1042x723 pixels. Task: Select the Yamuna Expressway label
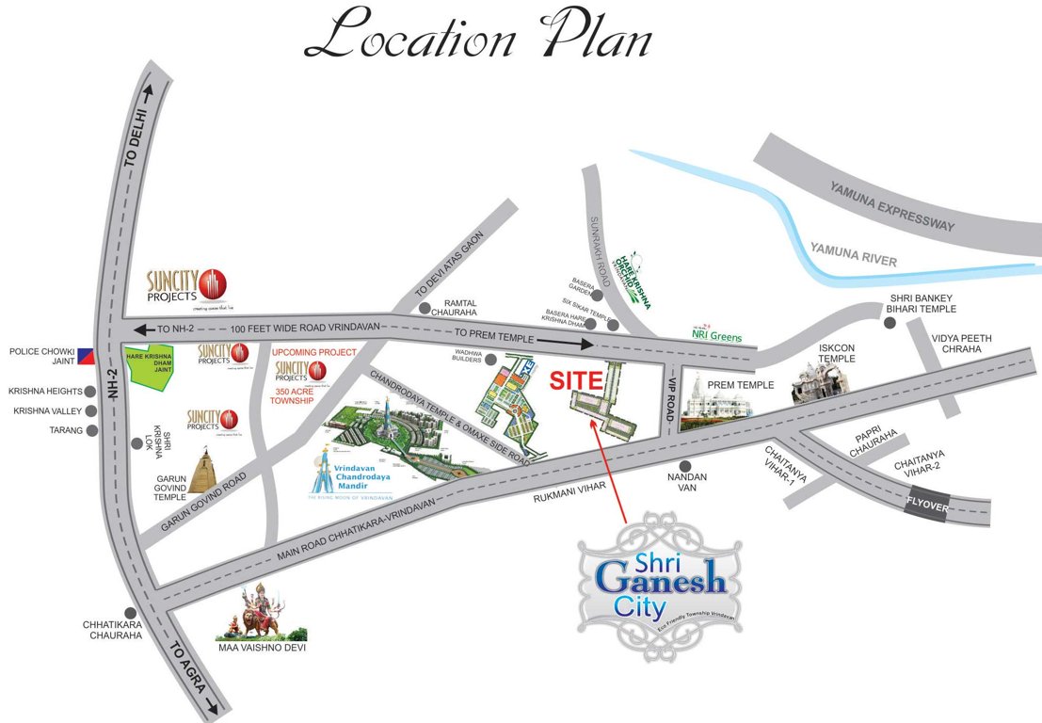(x=892, y=206)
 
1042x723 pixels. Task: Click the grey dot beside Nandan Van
(x=686, y=465)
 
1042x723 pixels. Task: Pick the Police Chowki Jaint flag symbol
(x=87, y=356)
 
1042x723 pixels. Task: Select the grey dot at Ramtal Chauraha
(x=425, y=308)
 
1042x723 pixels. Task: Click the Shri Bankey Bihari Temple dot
(x=889, y=323)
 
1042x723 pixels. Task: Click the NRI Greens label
(x=716, y=336)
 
